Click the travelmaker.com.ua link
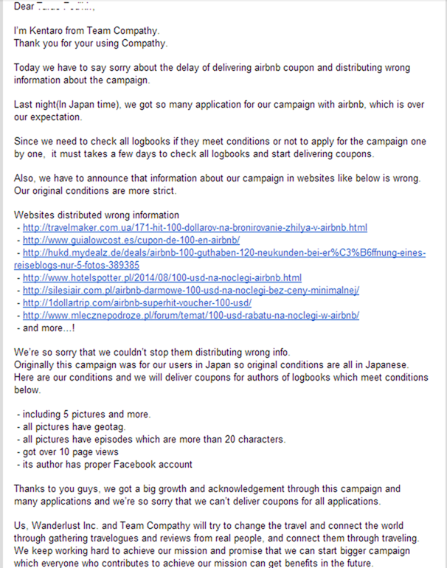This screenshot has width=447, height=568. point(195,227)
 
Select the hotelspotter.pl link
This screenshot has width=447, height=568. point(162,277)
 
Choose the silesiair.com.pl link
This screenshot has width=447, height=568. point(190,290)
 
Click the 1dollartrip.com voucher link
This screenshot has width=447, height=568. point(137,302)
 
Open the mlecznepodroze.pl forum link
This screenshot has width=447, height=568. point(190,315)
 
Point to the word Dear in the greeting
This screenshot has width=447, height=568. point(26,7)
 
